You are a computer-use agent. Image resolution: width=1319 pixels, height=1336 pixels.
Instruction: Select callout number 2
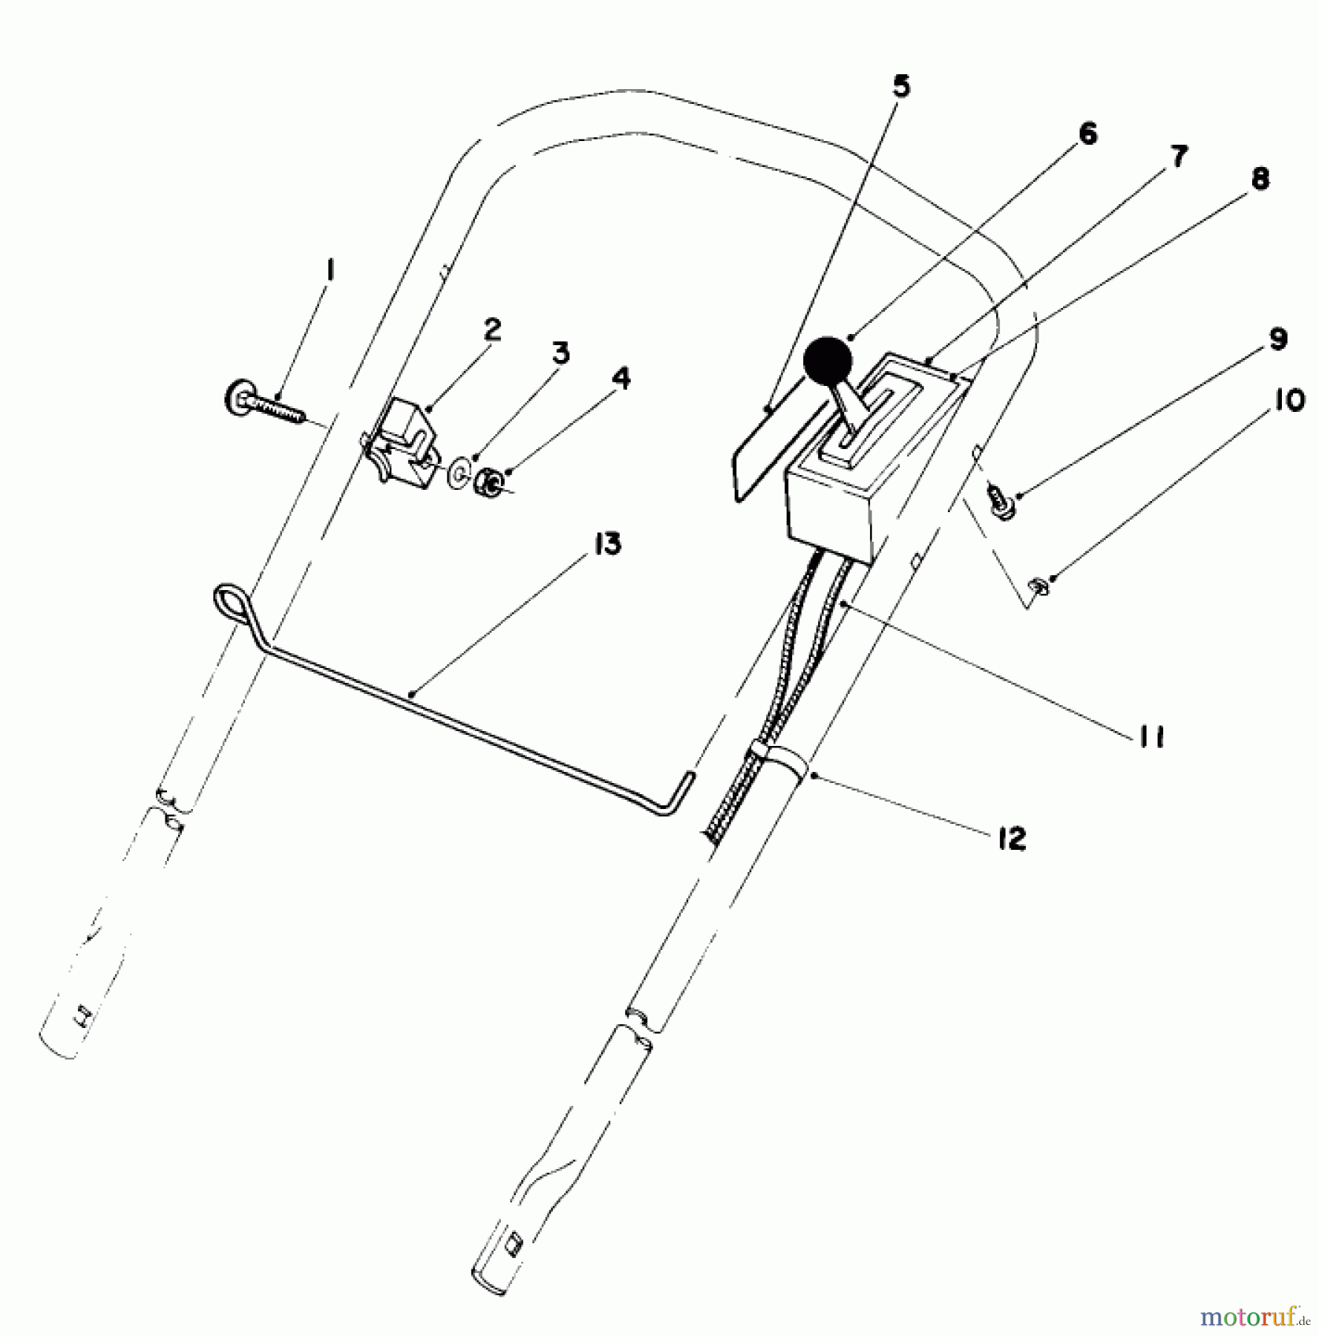pyautogui.click(x=493, y=330)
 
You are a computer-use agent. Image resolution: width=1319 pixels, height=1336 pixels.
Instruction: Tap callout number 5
pyautogui.click(x=900, y=87)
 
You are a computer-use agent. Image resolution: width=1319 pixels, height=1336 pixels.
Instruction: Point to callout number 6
pyautogui.click(x=1087, y=134)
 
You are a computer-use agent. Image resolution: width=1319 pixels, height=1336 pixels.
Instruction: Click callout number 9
pyautogui.click(x=1277, y=338)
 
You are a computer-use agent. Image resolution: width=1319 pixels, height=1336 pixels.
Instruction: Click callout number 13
pyautogui.click(x=606, y=544)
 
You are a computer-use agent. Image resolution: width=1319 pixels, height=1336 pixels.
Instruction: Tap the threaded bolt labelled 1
pyautogui.click(x=267, y=405)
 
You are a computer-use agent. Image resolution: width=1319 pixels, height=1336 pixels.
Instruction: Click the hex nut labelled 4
pyautogui.click(x=488, y=483)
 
